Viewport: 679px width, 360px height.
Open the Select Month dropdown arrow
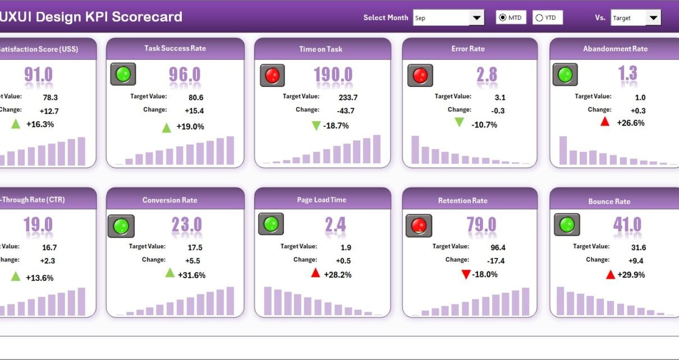(x=477, y=18)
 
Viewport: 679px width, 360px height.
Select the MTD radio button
(x=503, y=18)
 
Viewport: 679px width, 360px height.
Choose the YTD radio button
(x=539, y=18)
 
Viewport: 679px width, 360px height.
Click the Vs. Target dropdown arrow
(x=653, y=18)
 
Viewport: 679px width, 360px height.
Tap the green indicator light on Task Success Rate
(x=123, y=74)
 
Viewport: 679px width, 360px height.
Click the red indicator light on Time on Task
(x=272, y=75)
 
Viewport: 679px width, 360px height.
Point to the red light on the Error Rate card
(x=420, y=75)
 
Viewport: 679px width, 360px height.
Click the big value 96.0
(x=185, y=75)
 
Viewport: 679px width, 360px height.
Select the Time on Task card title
(x=321, y=49)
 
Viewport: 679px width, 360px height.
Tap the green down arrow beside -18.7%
(x=316, y=126)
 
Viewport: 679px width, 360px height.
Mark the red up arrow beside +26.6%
(x=605, y=122)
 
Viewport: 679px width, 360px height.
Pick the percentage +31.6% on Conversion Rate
(x=191, y=275)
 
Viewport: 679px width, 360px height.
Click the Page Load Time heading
(x=322, y=200)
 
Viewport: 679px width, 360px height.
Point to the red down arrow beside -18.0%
(x=465, y=274)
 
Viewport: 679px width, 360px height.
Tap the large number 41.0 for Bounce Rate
(x=627, y=225)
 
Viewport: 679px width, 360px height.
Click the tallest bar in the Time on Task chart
(x=377, y=149)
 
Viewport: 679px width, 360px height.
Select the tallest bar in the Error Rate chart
(x=415, y=150)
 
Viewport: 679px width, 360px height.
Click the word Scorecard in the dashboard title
(x=147, y=17)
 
